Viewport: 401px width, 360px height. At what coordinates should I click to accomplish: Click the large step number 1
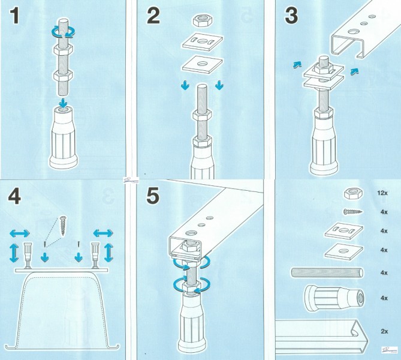(14, 16)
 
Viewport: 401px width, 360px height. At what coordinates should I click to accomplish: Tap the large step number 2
(153, 16)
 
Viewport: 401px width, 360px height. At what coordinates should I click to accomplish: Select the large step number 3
(291, 16)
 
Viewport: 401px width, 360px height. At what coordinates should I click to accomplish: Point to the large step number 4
(14, 196)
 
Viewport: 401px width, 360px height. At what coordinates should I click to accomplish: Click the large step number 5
(153, 196)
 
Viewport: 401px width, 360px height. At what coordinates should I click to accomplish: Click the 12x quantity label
(382, 193)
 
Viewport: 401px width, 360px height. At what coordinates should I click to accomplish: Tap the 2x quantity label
(384, 331)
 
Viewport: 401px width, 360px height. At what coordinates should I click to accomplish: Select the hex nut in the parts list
(352, 193)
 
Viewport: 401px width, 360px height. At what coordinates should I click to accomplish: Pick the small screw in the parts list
(353, 212)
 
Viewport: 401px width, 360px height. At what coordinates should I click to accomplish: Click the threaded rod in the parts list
(327, 272)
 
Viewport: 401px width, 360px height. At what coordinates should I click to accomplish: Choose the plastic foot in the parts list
(334, 298)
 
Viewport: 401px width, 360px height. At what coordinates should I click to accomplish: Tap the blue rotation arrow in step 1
(63, 32)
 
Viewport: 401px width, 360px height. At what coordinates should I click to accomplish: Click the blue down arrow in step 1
(62, 104)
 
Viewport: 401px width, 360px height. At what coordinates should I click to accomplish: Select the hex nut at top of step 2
(203, 20)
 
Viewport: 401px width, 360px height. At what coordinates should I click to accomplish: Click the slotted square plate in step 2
(203, 41)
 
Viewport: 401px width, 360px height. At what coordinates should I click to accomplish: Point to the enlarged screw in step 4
(62, 226)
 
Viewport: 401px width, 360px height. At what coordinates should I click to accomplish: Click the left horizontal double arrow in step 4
(20, 233)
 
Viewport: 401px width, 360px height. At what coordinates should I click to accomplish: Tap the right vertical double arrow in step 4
(108, 253)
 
